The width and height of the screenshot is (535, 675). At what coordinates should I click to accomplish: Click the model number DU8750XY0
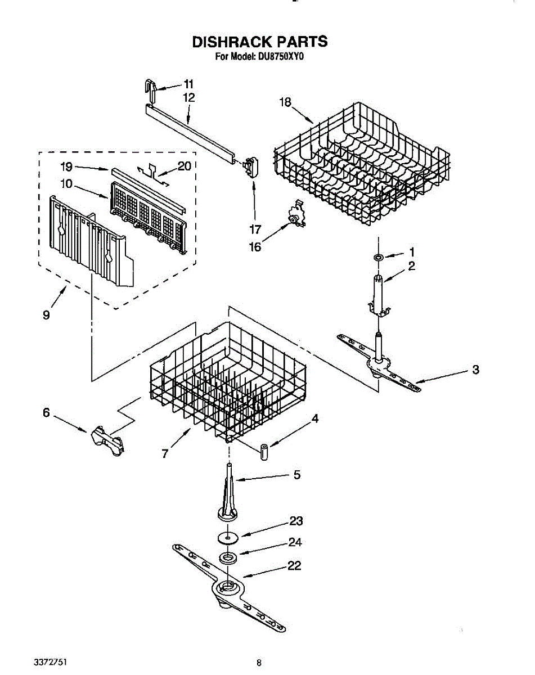pos(281,56)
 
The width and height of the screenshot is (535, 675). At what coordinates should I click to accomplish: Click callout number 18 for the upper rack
pos(286,102)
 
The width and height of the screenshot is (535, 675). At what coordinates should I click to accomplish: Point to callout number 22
pos(294,566)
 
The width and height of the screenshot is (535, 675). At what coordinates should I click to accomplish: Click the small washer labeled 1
pos(379,257)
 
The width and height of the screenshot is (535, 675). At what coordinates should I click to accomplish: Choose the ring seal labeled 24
pos(228,558)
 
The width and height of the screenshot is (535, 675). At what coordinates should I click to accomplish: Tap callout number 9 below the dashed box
pos(46,314)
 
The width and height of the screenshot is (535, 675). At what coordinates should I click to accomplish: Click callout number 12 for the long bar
pos(188,97)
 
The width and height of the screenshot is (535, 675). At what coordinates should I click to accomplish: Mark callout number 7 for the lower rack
pos(165,453)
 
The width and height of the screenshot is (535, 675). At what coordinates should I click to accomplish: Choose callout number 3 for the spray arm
pos(475,370)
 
